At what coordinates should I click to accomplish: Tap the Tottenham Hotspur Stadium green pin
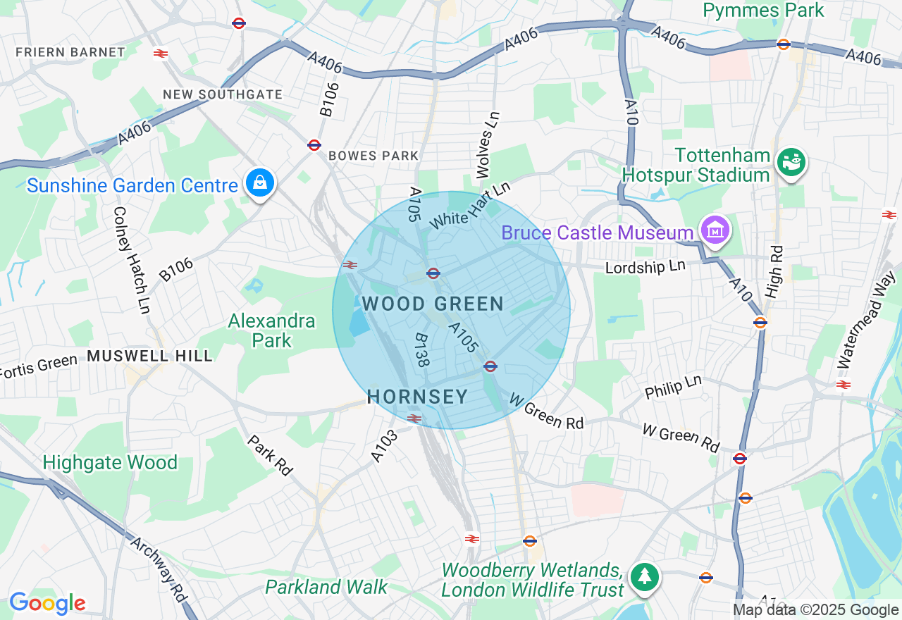tap(791, 162)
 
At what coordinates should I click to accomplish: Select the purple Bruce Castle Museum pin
tap(715, 231)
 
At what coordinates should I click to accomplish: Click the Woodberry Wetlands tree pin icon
tap(644, 576)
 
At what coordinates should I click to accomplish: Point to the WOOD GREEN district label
tap(433, 304)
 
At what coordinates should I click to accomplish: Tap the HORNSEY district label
tap(417, 397)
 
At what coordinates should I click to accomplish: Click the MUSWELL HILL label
tap(149, 356)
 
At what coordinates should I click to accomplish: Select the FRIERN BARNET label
tap(70, 52)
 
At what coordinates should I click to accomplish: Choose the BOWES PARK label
tap(373, 156)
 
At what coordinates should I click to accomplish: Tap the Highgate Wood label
tap(110, 462)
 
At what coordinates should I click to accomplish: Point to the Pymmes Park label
tap(763, 11)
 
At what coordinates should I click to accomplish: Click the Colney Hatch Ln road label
tap(132, 259)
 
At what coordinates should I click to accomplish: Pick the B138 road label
tap(421, 350)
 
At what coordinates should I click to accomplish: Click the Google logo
tap(47, 603)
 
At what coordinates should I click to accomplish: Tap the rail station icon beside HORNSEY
tap(414, 418)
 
